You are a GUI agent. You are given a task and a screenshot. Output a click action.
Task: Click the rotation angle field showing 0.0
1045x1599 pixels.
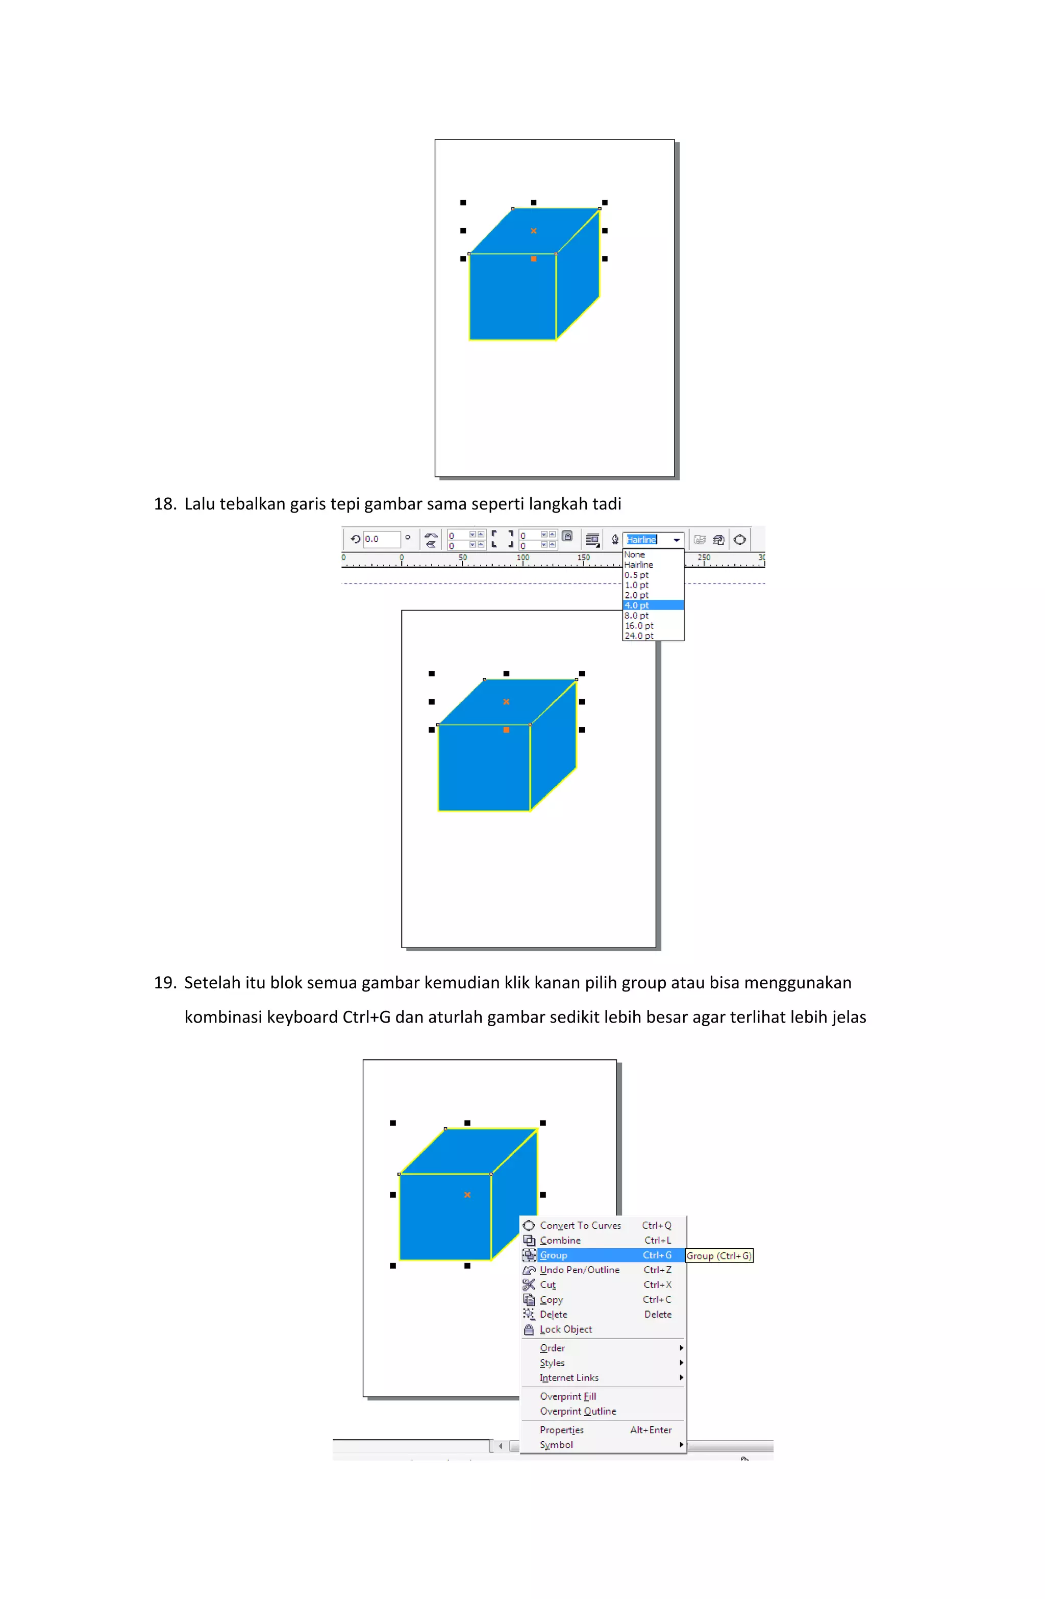tap(381, 539)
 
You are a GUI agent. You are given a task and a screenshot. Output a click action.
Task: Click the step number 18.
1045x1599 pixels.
tap(164, 504)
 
